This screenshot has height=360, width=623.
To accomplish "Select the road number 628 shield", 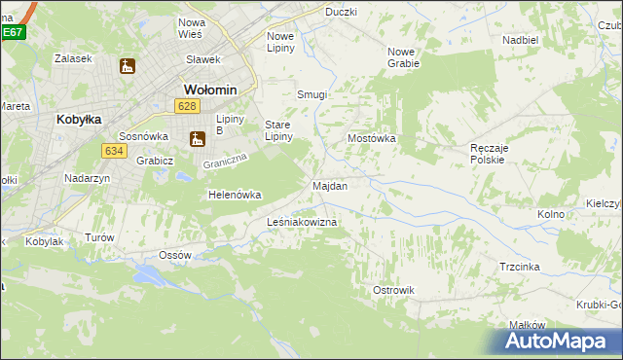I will [189, 105].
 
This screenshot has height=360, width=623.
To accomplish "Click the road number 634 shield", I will [114, 150].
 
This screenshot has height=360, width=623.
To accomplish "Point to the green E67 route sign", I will [12, 32].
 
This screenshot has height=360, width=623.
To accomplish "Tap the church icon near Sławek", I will [127, 67].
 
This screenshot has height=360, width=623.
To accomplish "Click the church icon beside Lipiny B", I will [198, 139].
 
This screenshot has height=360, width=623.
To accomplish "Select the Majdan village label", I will [330, 185].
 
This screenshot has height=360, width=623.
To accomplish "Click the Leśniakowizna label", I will [302, 223].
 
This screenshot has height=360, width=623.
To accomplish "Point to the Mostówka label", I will [372, 138].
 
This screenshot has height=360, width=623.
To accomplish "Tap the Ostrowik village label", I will [394, 290].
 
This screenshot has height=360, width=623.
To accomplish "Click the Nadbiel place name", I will [521, 40].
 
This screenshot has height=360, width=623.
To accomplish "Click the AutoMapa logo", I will [557, 341].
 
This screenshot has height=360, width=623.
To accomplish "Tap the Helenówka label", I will [235, 195].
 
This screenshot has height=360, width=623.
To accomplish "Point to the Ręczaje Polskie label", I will [487, 153].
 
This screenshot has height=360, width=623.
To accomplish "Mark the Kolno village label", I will [551, 213].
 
